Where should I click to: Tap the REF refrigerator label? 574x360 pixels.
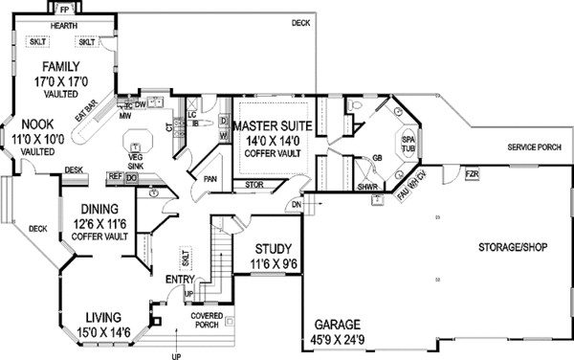pyautogui.click(x=115, y=177)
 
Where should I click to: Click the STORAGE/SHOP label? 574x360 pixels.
pyautogui.click(x=513, y=246)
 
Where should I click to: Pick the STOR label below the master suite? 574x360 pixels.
pyautogui.click(x=254, y=185)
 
